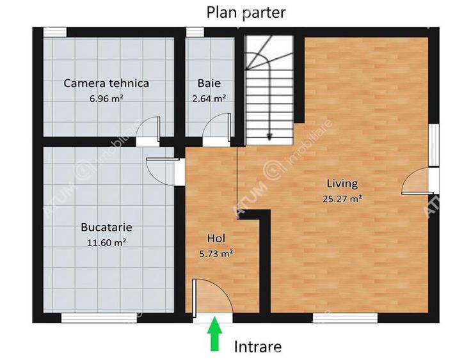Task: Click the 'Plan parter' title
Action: pyautogui.click(x=246, y=12)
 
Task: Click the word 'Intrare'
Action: pyautogui.click(x=257, y=347)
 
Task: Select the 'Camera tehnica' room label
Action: pyautogui.click(x=106, y=83)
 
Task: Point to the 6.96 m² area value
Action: pyautogui.click(x=106, y=98)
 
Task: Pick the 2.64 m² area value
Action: pyautogui.click(x=209, y=98)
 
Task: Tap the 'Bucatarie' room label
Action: pyautogui.click(x=106, y=227)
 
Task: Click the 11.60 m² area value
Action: pyautogui.click(x=106, y=242)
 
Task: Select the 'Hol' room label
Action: pyautogui.click(x=216, y=238)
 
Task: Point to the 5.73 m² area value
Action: pyautogui.click(x=216, y=253)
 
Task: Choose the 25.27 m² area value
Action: pyautogui.click(x=343, y=198)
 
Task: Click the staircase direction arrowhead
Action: pyautogui.click(x=269, y=136)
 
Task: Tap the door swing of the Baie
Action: pyautogui.click(x=216, y=126)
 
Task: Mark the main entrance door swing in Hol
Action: pyautogui.click(x=207, y=297)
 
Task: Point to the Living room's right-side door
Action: pyautogui.click(x=417, y=180)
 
